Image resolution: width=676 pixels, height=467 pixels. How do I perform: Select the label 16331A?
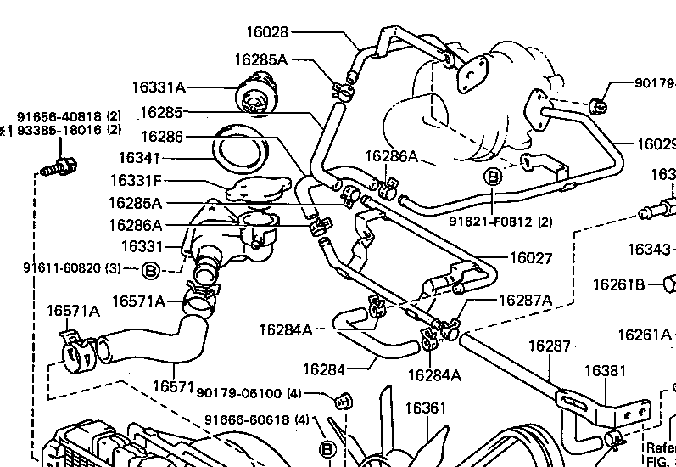tap(159, 87)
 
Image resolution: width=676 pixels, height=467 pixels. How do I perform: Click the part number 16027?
tap(531, 258)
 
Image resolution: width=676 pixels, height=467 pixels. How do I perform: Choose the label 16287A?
tap(525, 300)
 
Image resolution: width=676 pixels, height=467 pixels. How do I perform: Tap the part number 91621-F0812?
tap(493, 222)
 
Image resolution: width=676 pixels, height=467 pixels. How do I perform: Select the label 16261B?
tap(618, 284)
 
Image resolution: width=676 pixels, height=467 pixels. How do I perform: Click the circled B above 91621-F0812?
tap(493, 177)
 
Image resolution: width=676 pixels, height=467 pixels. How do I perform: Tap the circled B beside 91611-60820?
tap(150, 271)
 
